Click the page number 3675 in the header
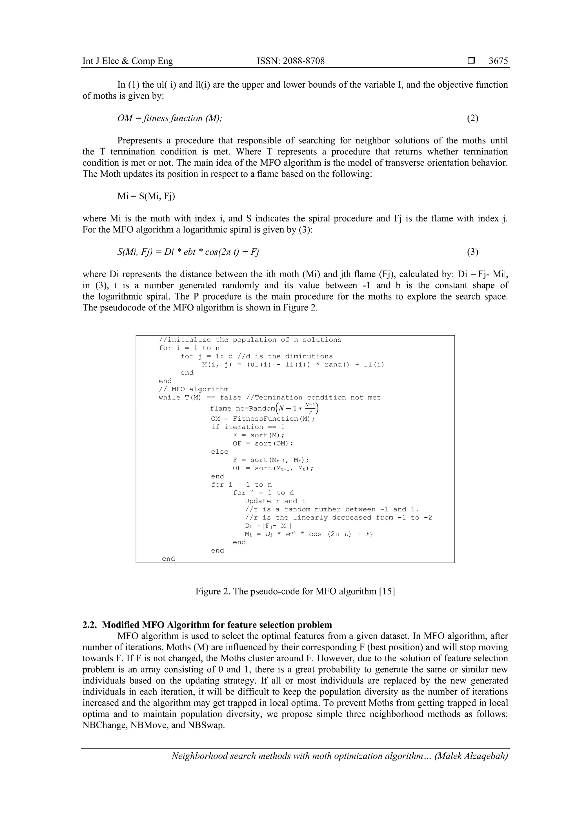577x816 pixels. pos(498,61)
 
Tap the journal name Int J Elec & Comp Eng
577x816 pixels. pos(128,61)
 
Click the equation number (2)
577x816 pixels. pos(472,118)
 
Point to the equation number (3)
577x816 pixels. pos(472,252)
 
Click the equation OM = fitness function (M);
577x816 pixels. pos(170,118)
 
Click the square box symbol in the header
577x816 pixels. pos(471,61)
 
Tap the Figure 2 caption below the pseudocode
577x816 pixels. pos(295,591)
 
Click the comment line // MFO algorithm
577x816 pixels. pos(194,389)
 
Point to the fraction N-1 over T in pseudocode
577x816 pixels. pos(310,408)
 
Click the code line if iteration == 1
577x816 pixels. pos(248,427)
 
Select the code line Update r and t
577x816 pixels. pos(275,501)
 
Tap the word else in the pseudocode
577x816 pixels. pos(219,452)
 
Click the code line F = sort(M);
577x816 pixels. pos(259,435)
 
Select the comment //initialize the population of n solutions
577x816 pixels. pos(250,340)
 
